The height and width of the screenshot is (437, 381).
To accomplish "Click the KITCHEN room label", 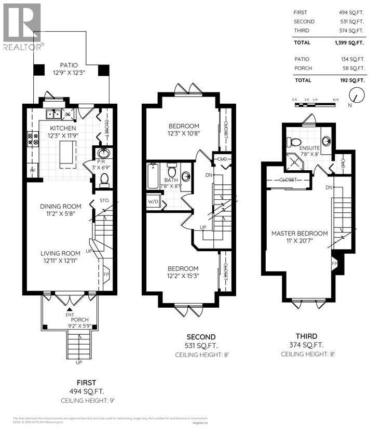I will tap(63, 128).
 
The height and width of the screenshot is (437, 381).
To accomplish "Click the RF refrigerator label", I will tap(32, 170).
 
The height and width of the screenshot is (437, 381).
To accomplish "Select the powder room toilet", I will tap(104, 179).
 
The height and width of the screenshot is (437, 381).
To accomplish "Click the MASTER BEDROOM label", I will tap(300, 234).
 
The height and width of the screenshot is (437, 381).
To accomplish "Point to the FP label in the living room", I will tap(106, 274).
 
